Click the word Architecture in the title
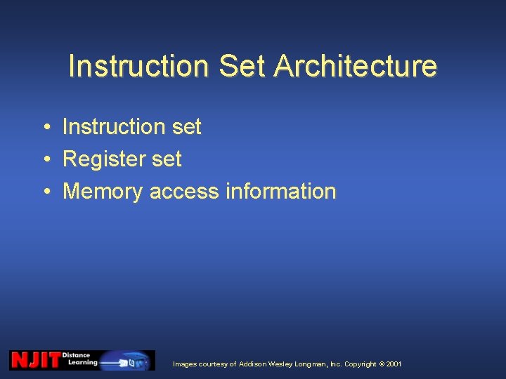pos(356,66)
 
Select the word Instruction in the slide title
pos(139,66)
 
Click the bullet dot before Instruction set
pos(44,127)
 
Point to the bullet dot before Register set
pos(44,159)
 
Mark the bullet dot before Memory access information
pos(44,191)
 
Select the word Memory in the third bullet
pos(103,191)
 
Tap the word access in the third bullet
pos(184,191)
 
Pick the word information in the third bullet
pos(280,191)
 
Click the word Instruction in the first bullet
pos(115,127)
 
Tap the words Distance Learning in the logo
pos(79,360)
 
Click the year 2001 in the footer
pos(394,364)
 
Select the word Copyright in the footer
pos(361,364)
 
